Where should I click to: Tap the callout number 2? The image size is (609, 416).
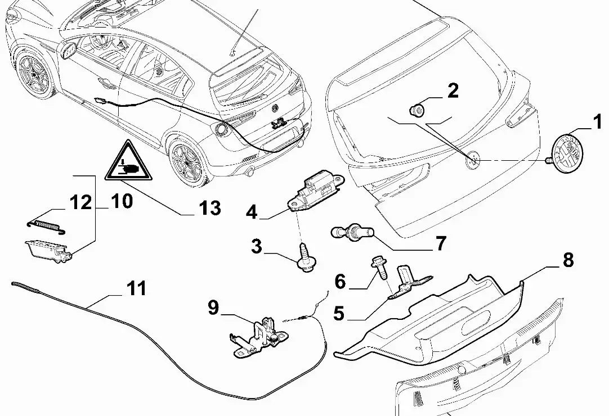453,91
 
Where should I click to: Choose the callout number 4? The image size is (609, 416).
252,212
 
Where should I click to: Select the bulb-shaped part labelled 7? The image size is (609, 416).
352,232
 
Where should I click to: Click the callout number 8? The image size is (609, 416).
567,260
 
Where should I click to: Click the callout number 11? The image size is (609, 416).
136,289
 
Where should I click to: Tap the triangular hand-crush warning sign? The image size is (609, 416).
129,163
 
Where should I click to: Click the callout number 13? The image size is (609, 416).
210,209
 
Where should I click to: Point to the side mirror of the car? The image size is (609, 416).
69,49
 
